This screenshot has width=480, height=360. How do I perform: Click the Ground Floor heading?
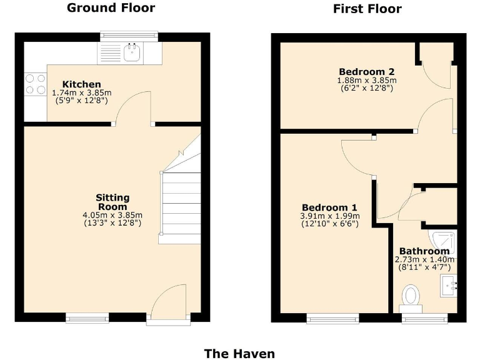[111, 8]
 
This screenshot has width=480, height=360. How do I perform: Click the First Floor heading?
[367, 9]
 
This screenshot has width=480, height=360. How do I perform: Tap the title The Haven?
[239, 354]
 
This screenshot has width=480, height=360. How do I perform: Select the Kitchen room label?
[81, 84]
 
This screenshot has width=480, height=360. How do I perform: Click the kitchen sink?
[132, 52]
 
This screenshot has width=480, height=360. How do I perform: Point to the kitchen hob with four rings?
[35, 84]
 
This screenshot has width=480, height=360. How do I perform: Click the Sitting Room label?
[112, 202]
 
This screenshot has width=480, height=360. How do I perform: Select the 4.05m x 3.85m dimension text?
[112, 215]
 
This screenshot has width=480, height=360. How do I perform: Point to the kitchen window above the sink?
[129, 36]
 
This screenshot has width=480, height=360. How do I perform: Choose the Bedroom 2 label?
[367, 71]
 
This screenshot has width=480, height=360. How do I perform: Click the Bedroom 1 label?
[329, 207]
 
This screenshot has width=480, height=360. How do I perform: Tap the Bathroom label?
[424, 251]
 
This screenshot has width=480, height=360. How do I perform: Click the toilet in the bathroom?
[411, 296]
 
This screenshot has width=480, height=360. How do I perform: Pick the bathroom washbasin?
[450, 286]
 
